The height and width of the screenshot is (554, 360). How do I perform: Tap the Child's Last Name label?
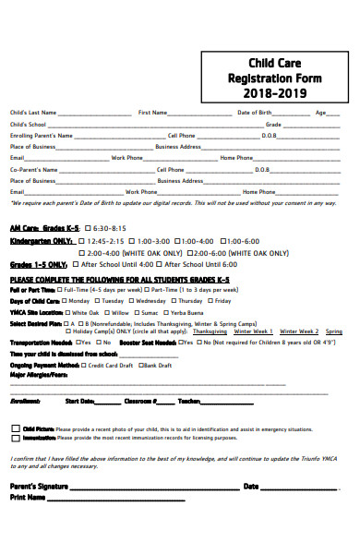(x=33, y=112)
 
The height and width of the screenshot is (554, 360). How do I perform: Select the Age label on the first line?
(x=320, y=112)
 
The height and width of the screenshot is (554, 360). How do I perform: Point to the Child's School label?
(x=28, y=124)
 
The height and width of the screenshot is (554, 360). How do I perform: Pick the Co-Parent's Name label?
(x=33, y=169)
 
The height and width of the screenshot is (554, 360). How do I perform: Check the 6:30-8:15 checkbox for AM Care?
(x=89, y=226)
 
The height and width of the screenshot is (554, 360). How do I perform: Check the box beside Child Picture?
(x=15, y=428)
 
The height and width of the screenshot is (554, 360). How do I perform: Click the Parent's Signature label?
(x=39, y=485)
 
